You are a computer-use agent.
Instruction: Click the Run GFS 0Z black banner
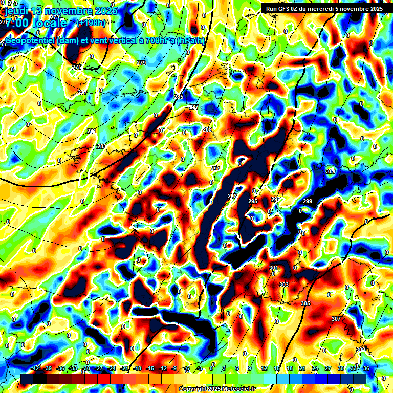pos(324,8)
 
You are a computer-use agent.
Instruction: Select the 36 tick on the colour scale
pos(366,368)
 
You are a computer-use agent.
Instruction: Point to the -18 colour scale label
pos(137,368)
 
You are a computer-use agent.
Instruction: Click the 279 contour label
pos(141,63)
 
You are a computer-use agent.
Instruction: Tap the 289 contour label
pos(207,130)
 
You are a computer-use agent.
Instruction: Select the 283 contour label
pos(101,146)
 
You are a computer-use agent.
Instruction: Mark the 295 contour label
pos(253,202)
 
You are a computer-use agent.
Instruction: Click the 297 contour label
pos(276,199)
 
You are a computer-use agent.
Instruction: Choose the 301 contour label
pos(273,268)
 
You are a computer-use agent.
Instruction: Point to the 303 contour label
pos(284,285)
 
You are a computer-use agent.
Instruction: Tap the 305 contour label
pos(305,303)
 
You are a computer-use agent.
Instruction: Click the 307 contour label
pos(336,319)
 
